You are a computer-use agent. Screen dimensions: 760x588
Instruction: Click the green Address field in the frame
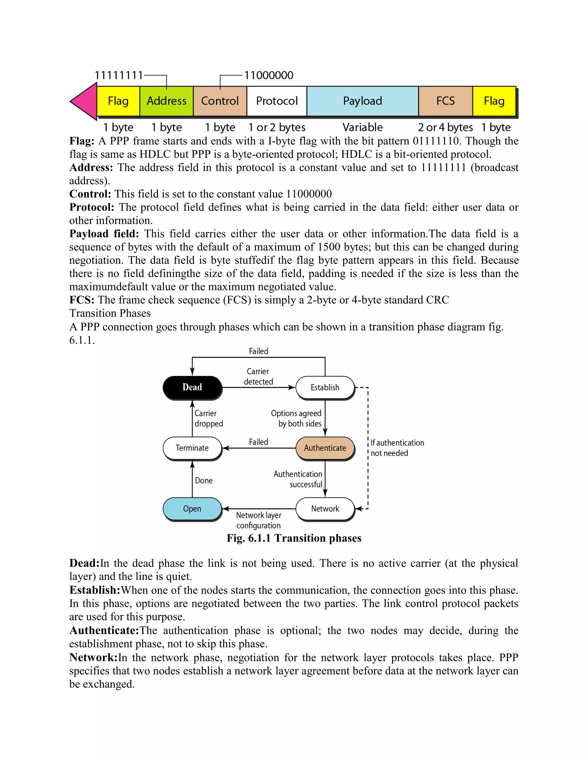[167, 101]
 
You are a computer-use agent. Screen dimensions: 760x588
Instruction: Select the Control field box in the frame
[220, 101]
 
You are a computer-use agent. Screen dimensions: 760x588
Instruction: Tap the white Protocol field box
[277, 101]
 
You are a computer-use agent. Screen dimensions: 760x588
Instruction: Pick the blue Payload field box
[362, 101]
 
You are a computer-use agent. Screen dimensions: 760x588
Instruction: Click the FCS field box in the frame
[446, 101]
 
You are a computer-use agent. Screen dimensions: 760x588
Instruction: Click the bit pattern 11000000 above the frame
[268, 75]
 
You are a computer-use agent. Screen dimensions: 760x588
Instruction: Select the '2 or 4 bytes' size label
[445, 127]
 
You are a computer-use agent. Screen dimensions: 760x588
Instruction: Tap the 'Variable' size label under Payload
[362, 127]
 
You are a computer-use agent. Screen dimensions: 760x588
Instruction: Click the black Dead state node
[192, 387]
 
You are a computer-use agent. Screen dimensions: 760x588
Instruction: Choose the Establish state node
[325, 387]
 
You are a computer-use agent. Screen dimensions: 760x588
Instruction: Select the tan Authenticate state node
[325, 448]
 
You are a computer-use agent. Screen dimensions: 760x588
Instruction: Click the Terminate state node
[192, 448]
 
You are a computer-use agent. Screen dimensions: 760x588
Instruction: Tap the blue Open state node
[192, 509]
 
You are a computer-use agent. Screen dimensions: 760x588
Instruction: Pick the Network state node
[325, 509]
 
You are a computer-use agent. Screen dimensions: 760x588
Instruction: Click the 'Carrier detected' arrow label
[258, 377]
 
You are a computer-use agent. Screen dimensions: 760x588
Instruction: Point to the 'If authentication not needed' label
[397, 448]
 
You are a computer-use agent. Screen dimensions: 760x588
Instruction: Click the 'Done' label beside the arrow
[204, 481]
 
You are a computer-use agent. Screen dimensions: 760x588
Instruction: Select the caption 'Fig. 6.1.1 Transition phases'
[294, 538]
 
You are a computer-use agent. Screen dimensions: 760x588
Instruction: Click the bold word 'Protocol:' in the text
[92, 207]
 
